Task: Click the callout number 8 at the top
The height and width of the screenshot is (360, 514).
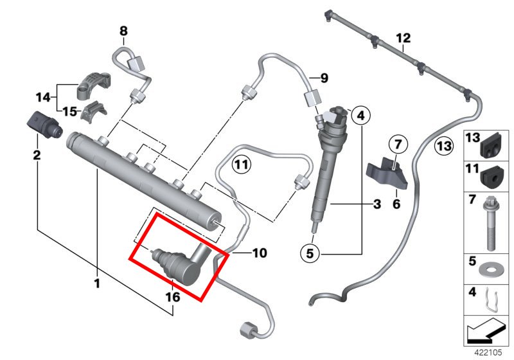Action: (123, 30)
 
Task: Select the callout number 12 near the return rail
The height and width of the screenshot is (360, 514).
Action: (403, 38)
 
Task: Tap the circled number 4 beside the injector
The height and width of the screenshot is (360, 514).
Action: (360, 116)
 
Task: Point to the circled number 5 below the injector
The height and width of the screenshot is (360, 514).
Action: (310, 254)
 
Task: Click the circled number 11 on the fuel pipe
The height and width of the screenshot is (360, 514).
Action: (240, 165)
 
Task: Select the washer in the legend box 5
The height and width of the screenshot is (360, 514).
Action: (490, 265)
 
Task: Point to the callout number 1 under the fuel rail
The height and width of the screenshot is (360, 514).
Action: (97, 282)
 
